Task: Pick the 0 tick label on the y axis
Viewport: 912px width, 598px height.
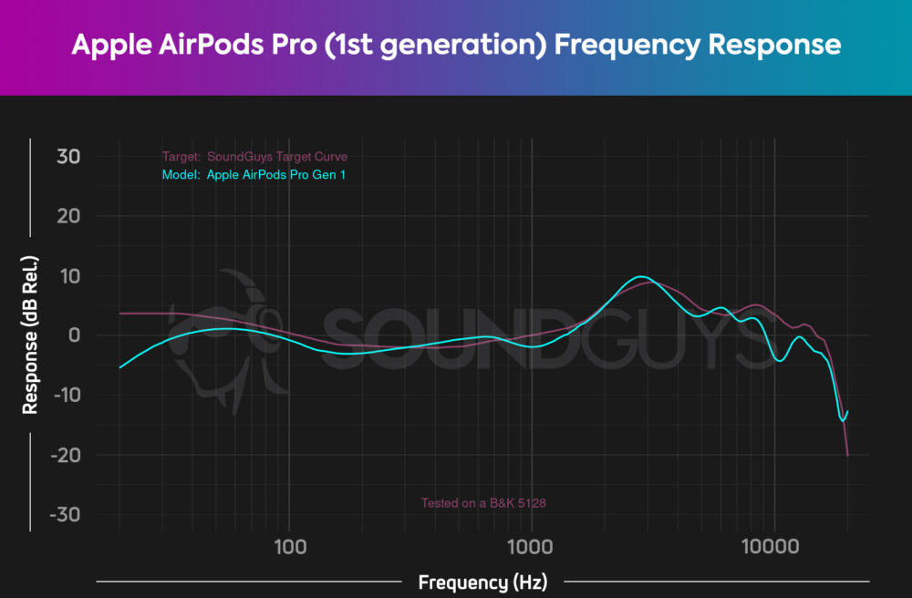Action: pyautogui.click(x=74, y=335)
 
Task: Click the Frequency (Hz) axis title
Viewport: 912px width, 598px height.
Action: pyautogui.click(x=482, y=582)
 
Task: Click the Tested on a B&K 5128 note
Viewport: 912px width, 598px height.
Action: pyautogui.click(x=482, y=502)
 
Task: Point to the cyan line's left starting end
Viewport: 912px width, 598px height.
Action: pyautogui.click(x=120, y=367)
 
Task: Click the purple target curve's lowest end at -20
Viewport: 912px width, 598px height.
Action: pyautogui.click(x=848, y=454)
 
